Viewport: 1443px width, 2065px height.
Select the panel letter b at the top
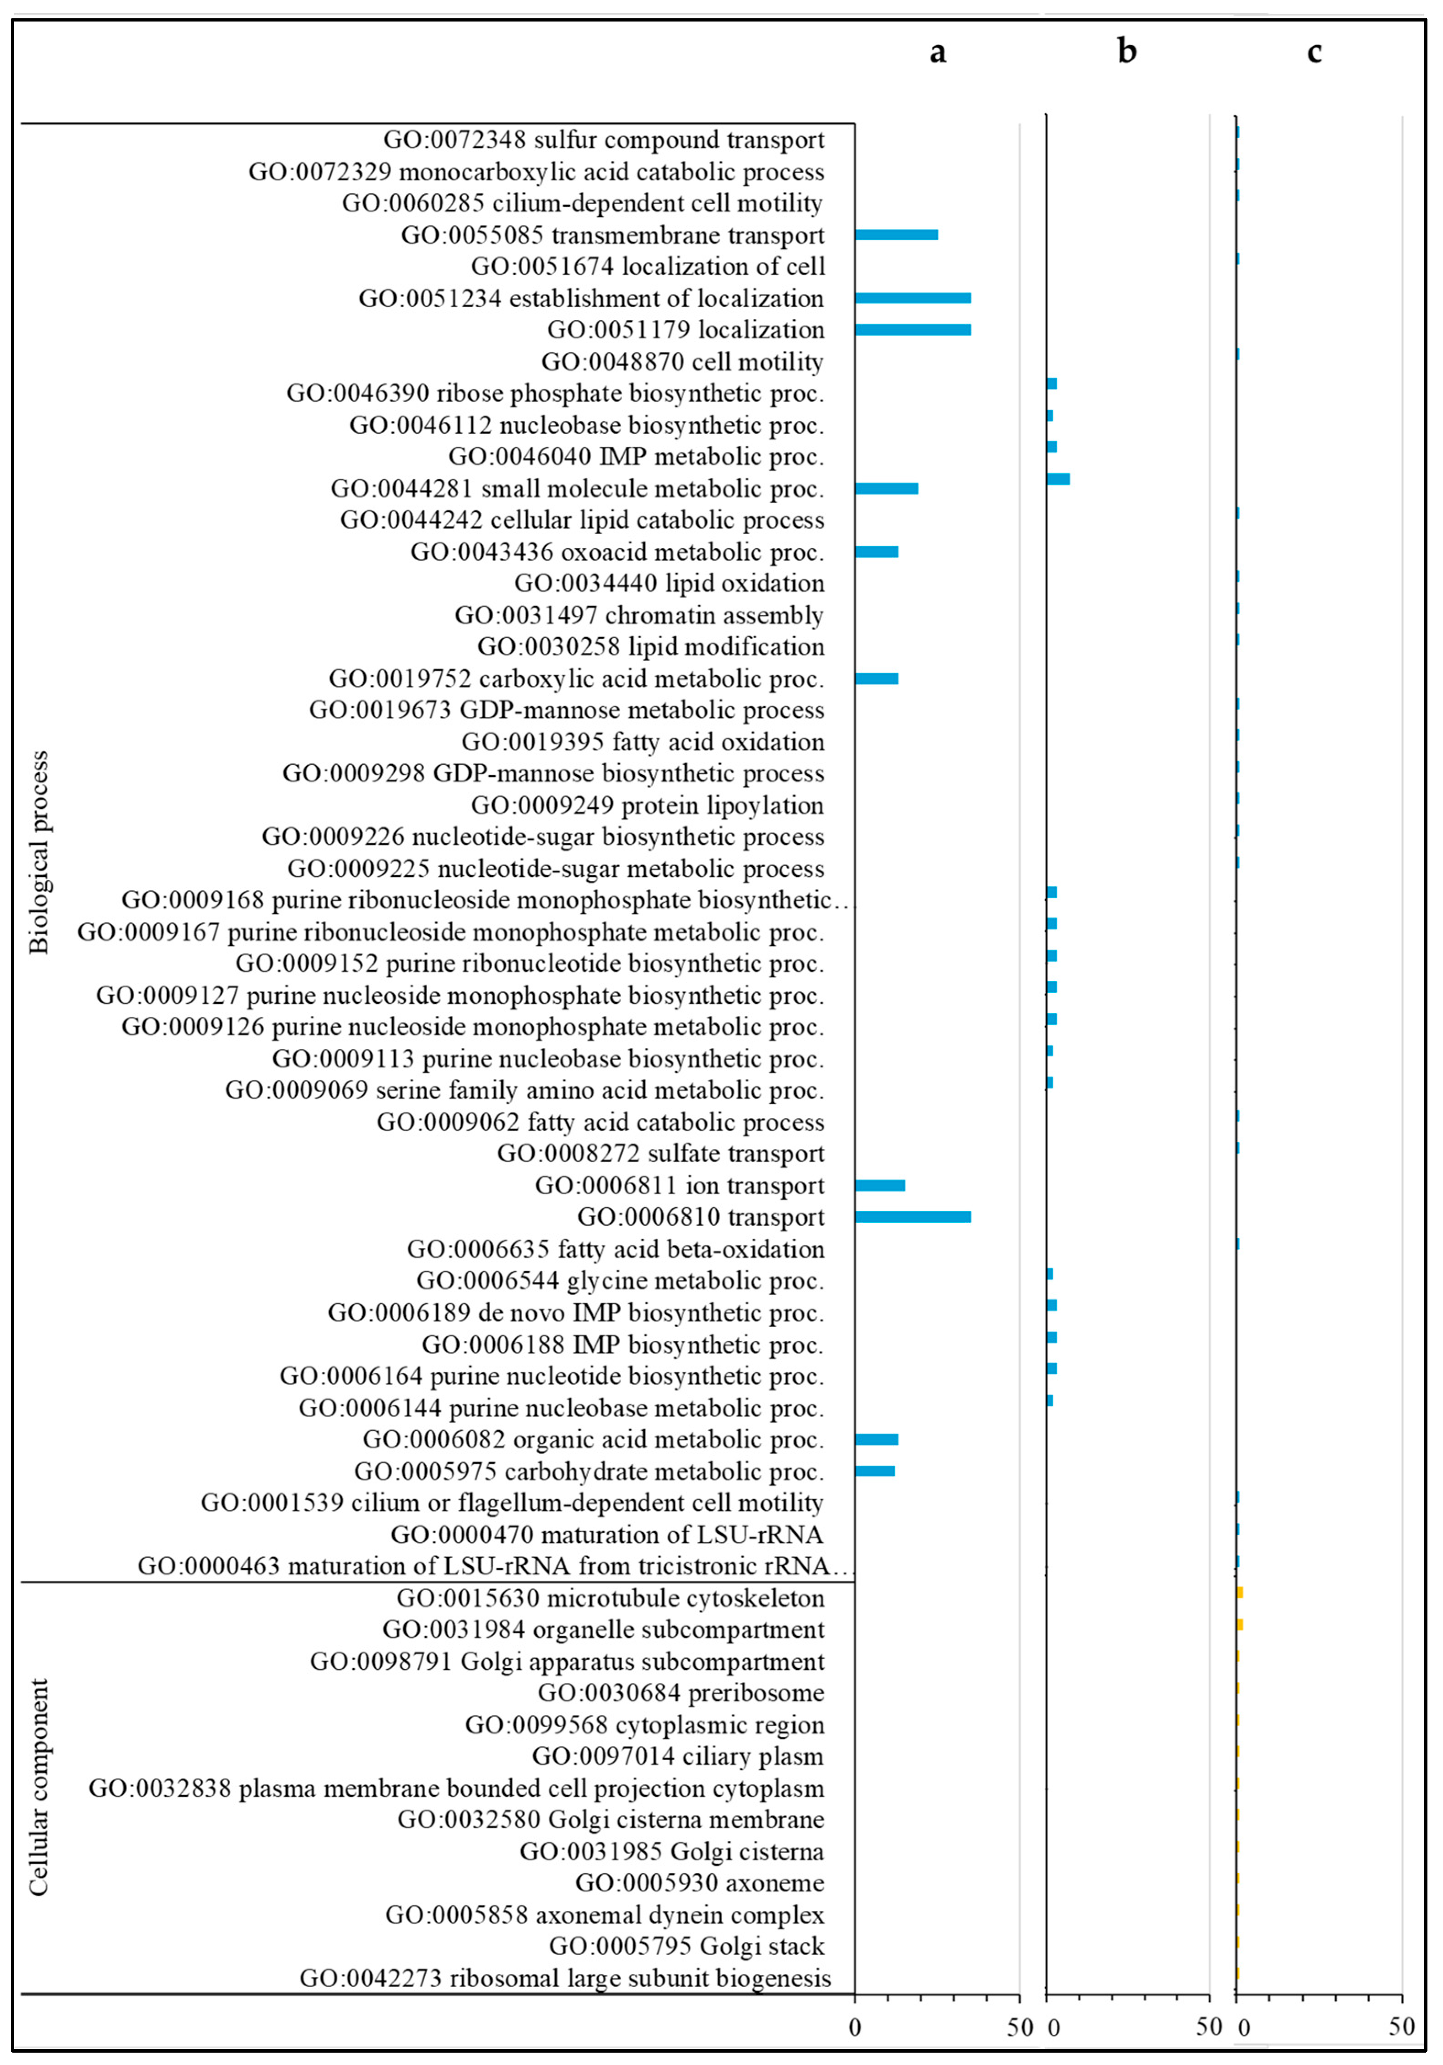(x=1127, y=52)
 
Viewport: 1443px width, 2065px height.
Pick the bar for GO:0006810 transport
(x=913, y=1217)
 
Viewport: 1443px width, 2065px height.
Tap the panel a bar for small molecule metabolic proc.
(x=886, y=488)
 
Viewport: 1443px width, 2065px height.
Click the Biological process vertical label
(x=38, y=852)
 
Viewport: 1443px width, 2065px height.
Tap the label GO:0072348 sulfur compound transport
(x=603, y=140)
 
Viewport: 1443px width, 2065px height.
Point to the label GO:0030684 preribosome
(x=681, y=1693)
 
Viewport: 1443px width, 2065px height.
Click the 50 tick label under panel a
(x=1020, y=2027)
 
